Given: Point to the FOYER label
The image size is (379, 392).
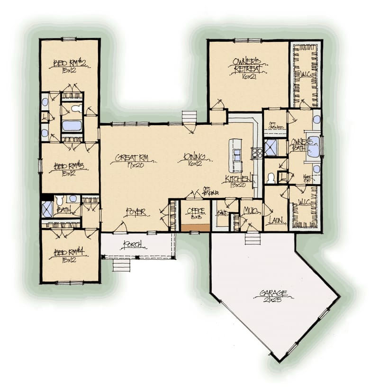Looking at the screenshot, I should coord(135,212).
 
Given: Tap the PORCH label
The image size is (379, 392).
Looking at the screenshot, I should coord(134,245).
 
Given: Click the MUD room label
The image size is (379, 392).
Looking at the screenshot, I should coord(250,210).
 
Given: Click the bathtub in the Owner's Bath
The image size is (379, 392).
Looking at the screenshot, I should coord(313,146).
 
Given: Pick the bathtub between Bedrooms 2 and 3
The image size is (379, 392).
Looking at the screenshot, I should coord(72,126).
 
